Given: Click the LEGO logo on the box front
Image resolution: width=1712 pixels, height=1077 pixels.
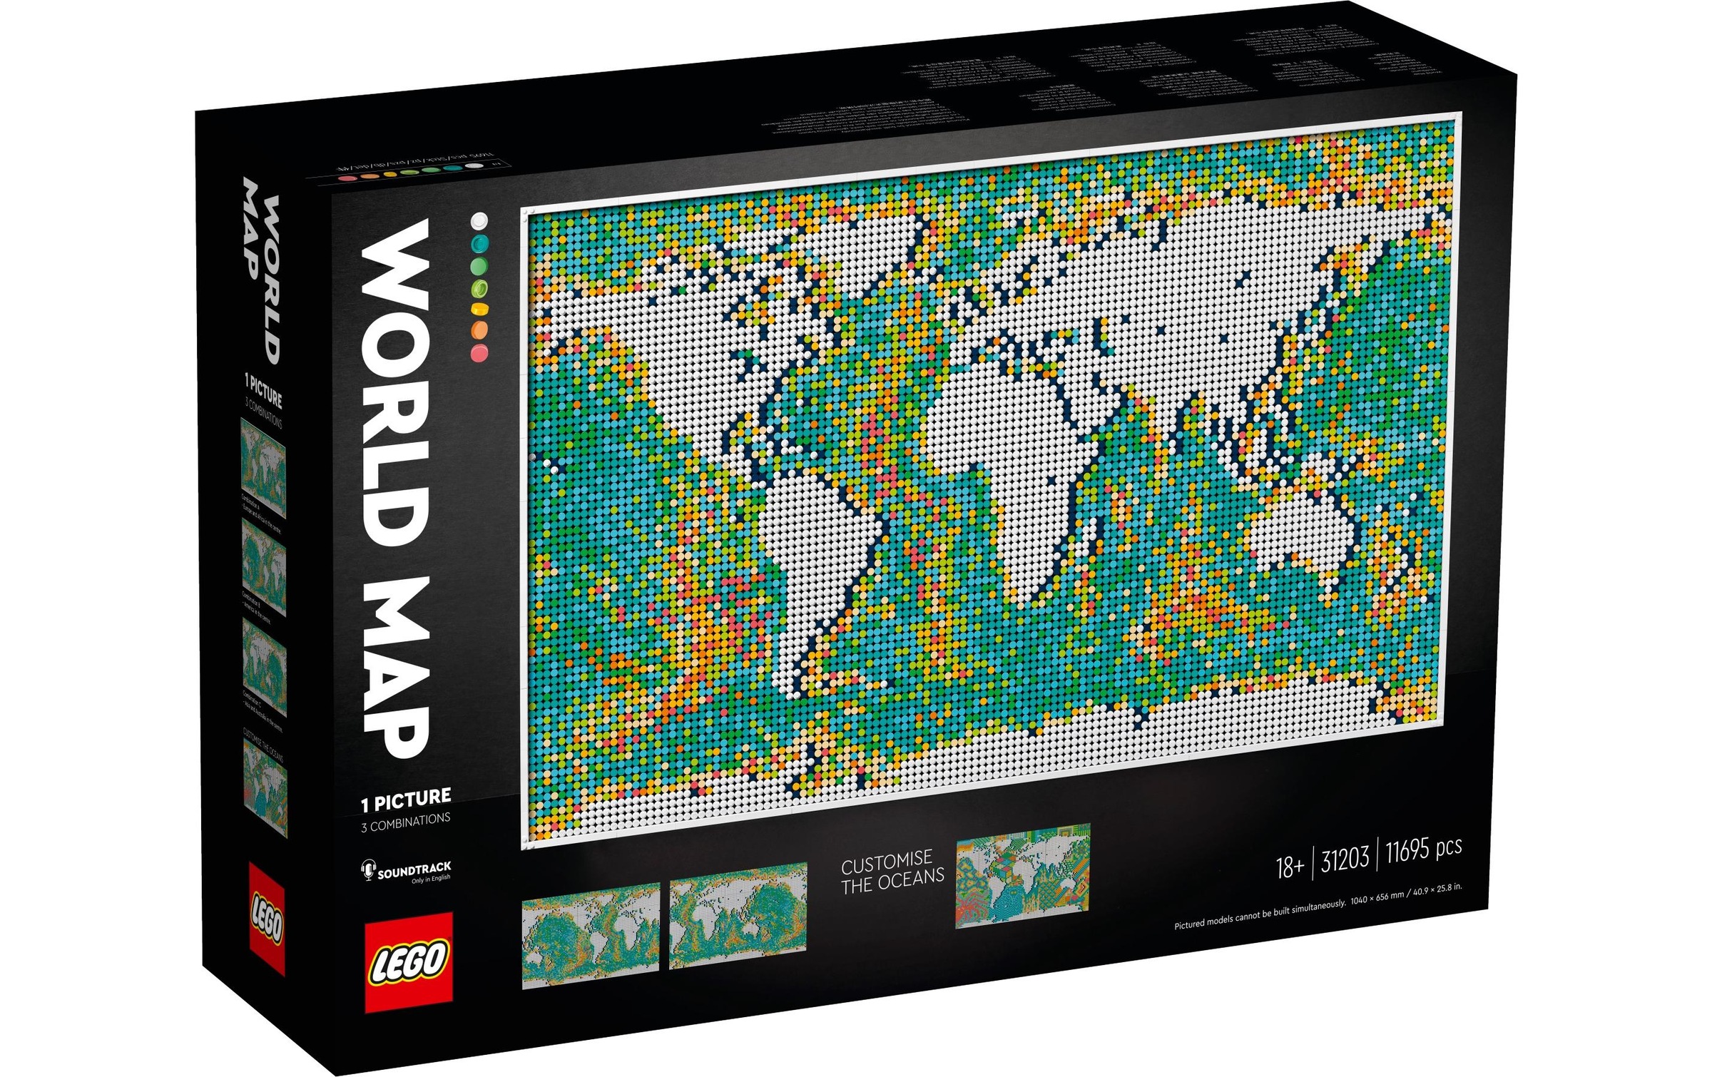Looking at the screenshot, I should pos(409,961).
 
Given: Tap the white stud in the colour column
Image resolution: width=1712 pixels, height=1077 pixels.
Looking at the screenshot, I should pos(479,220).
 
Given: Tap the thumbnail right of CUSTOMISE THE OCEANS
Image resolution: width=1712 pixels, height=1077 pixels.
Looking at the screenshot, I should pos(1023,876).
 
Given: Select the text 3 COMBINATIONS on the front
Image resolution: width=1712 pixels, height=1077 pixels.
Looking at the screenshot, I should pos(405,821).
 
